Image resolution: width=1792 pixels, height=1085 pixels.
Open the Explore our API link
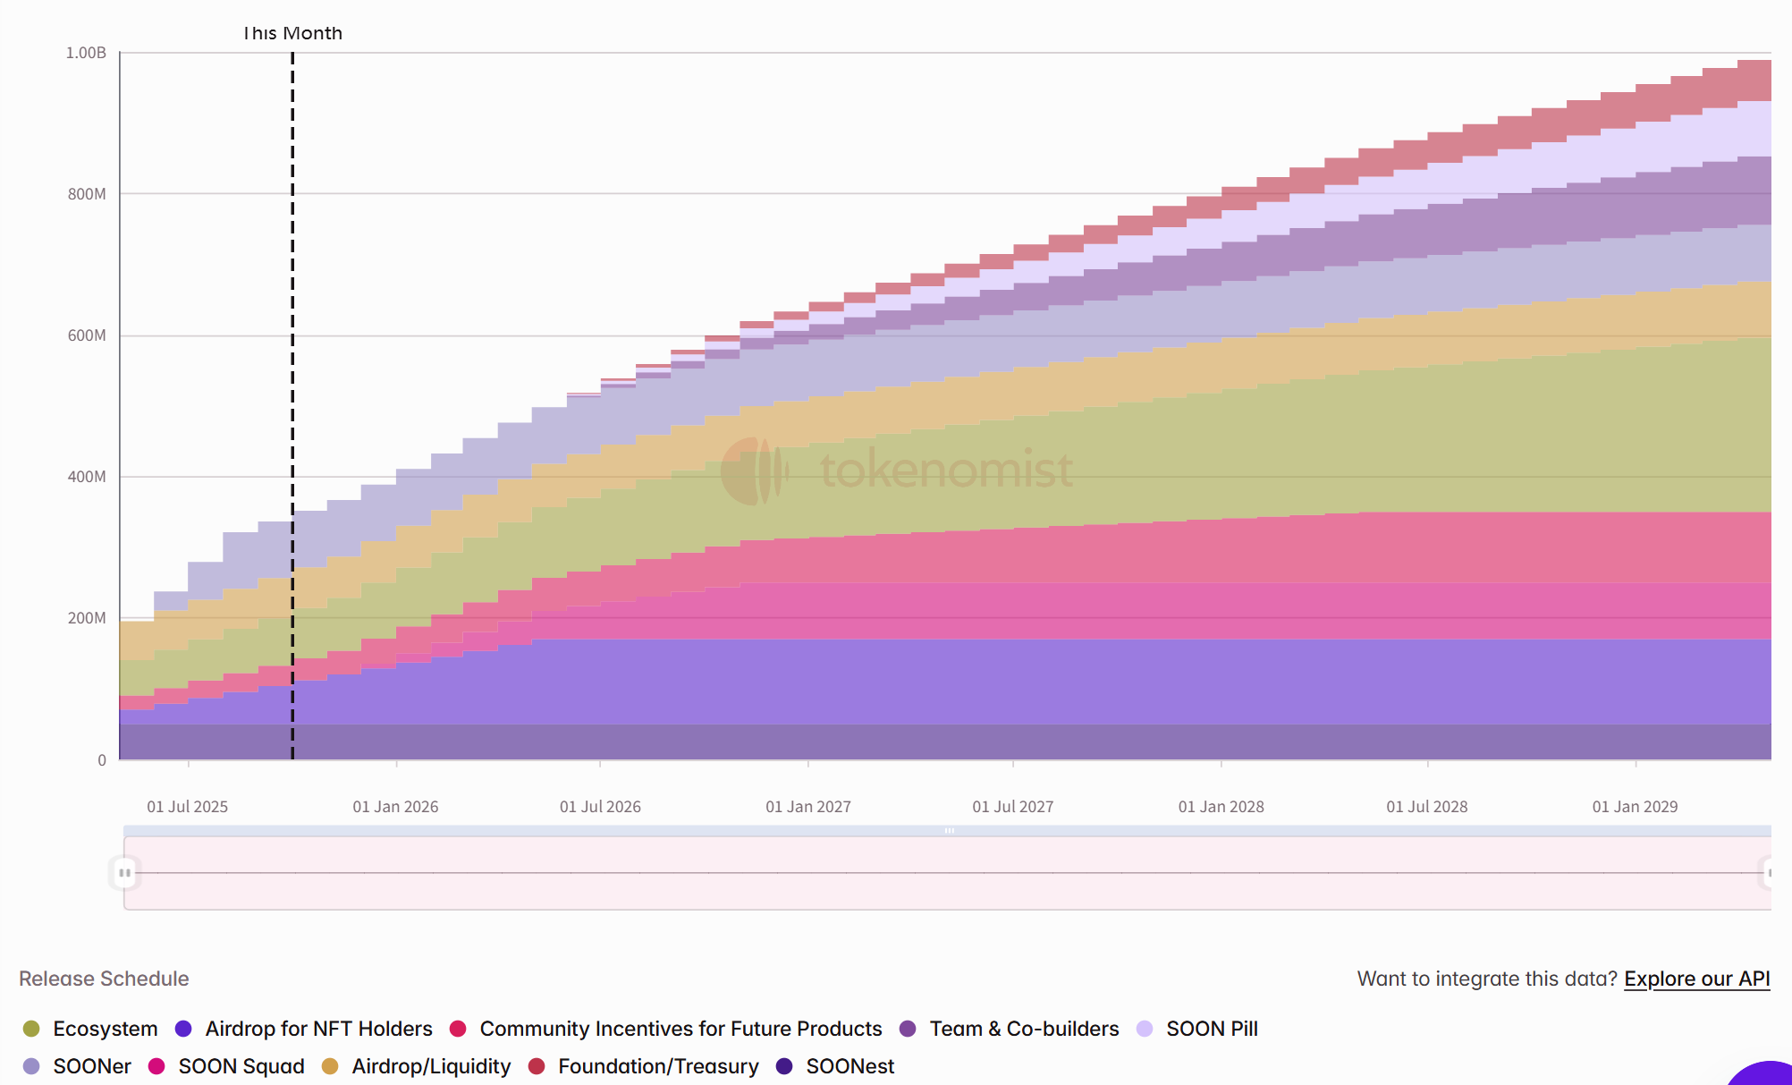click(1696, 979)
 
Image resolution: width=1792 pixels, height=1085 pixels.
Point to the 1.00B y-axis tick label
click(86, 53)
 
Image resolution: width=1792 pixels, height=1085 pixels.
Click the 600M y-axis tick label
click(87, 335)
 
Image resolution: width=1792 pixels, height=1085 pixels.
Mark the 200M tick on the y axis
click(87, 618)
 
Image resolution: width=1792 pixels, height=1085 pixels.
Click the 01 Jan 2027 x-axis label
click(807, 807)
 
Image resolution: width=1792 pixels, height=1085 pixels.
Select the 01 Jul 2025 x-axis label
click(187, 807)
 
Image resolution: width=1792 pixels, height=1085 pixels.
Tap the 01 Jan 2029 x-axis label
click(1635, 807)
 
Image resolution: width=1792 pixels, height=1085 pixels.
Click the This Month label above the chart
click(292, 33)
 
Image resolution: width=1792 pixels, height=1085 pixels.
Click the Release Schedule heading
click(104, 979)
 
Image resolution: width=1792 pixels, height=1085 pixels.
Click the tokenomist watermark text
click(945, 470)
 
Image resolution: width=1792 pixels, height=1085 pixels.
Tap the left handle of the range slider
click(124, 872)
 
